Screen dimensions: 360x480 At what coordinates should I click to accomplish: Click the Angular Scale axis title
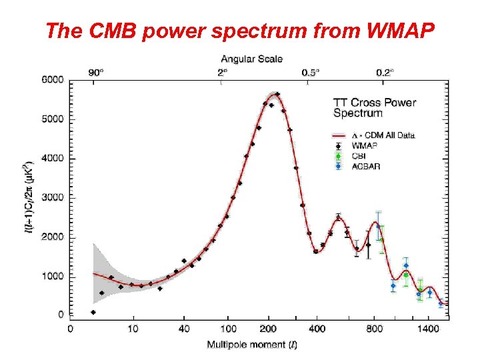point(251,59)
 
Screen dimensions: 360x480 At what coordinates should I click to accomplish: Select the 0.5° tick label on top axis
point(310,72)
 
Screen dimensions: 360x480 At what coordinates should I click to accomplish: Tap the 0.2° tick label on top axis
point(384,72)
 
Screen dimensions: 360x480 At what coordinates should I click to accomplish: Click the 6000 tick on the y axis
point(53,80)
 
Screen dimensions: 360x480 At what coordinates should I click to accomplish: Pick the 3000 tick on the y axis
point(53,198)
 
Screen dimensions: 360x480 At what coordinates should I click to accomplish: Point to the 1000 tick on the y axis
point(53,276)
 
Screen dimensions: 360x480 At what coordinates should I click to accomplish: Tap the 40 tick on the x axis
point(184,328)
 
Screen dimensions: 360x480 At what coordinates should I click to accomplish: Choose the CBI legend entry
point(360,156)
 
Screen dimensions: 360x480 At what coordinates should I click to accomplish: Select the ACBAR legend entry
point(365,166)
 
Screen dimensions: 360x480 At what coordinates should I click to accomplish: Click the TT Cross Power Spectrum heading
point(374,108)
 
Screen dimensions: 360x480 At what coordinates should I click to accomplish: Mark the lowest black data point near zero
point(93,312)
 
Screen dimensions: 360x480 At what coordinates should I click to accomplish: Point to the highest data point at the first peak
point(277,94)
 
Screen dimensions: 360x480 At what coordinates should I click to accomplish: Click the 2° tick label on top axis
point(222,72)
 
